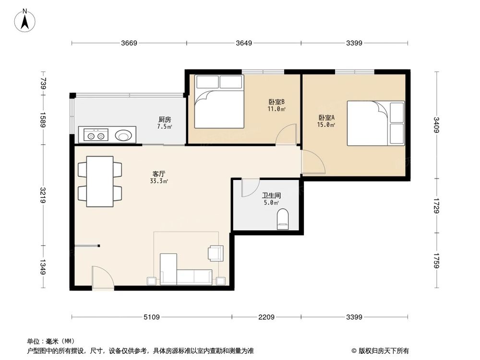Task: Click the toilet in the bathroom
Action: pyautogui.click(x=283, y=219)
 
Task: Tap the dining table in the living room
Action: pyautogui.click(x=100, y=181)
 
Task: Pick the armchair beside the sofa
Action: pyautogui.click(x=215, y=253)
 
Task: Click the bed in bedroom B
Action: pyautogui.click(x=219, y=102)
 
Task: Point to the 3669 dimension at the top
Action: pyautogui.click(x=129, y=43)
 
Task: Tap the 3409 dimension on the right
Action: pyautogui.click(x=436, y=125)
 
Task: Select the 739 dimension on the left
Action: pyautogui.click(x=43, y=84)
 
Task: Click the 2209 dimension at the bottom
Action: pyautogui.click(x=266, y=317)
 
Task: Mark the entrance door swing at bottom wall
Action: pyautogui.click(x=102, y=277)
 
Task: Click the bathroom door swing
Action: pyautogui.click(x=249, y=188)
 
